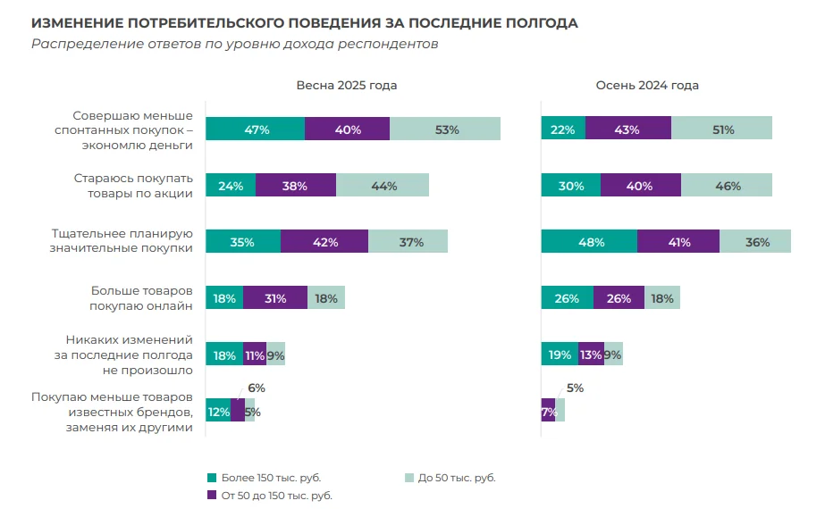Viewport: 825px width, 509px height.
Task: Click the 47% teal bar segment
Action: tap(256, 129)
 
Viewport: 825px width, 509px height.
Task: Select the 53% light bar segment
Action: tap(445, 129)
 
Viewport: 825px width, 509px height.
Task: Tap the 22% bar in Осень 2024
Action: tap(563, 129)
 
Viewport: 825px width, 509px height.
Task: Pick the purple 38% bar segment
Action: tap(296, 186)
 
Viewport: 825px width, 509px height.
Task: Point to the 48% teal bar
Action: tap(589, 242)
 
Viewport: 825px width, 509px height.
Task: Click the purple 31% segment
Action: tap(275, 298)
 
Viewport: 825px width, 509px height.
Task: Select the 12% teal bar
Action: tap(218, 411)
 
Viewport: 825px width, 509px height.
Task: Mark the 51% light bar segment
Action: tap(721, 129)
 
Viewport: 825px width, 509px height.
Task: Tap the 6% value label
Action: tap(257, 388)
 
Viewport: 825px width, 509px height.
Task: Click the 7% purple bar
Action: tap(548, 411)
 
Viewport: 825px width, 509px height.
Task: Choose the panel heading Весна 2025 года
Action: tap(347, 86)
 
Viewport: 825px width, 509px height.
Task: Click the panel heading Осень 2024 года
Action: tap(647, 86)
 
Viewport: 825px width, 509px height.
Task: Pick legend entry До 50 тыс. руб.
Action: tap(456, 478)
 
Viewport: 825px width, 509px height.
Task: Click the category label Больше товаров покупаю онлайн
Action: tap(141, 298)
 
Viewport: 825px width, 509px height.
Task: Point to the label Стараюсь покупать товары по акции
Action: tap(133, 186)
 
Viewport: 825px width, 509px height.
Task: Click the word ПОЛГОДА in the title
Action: tap(539, 23)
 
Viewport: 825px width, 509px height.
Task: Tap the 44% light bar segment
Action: tap(383, 186)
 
